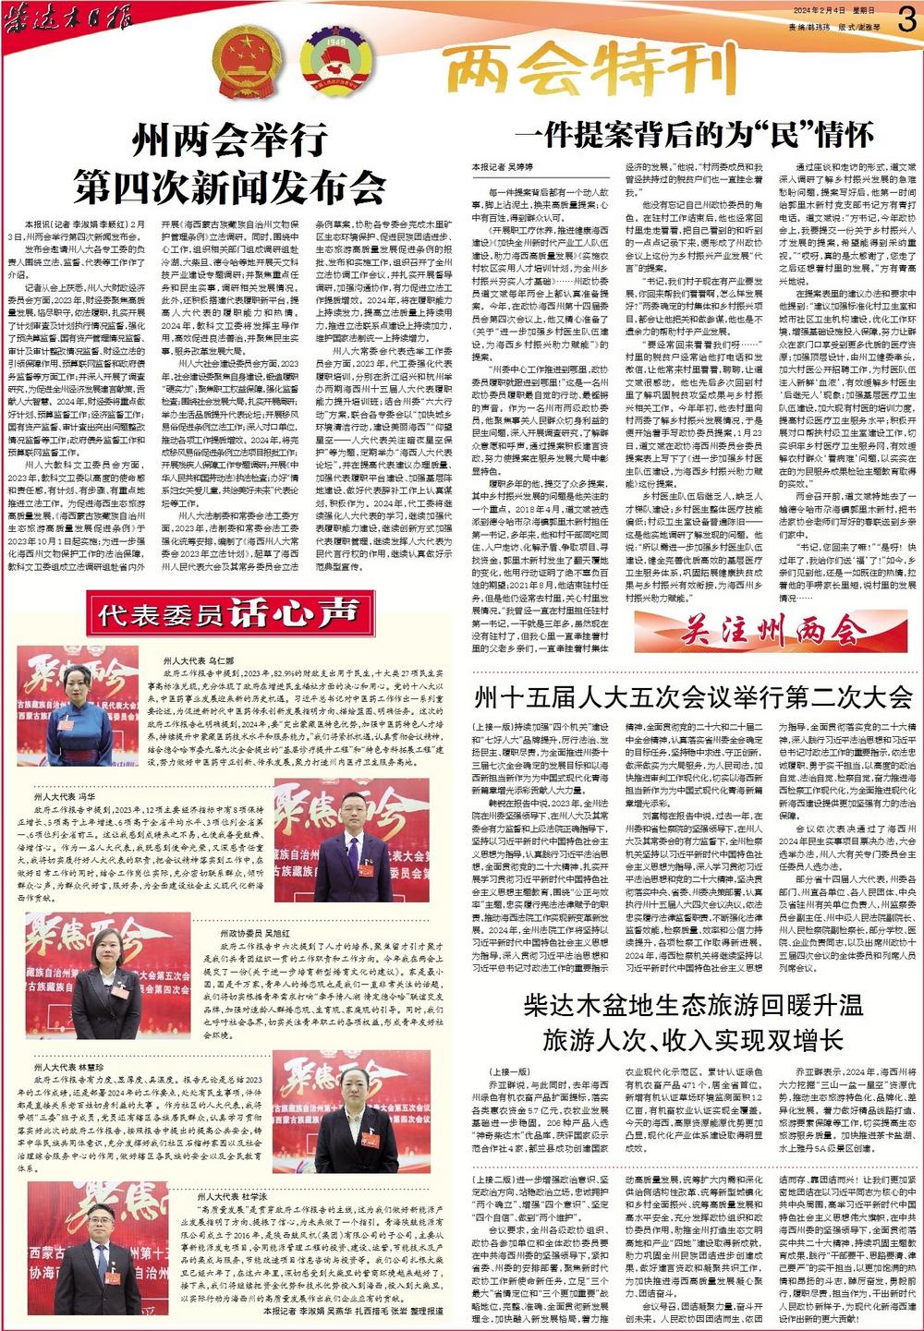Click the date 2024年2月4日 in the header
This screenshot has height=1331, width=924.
(x=819, y=10)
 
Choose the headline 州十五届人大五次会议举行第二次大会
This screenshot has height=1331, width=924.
(x=693, y=696)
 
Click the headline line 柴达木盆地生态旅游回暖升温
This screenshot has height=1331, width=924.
(x=693, y=1006)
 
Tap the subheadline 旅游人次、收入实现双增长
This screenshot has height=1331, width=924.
(x=693, y=1040)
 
